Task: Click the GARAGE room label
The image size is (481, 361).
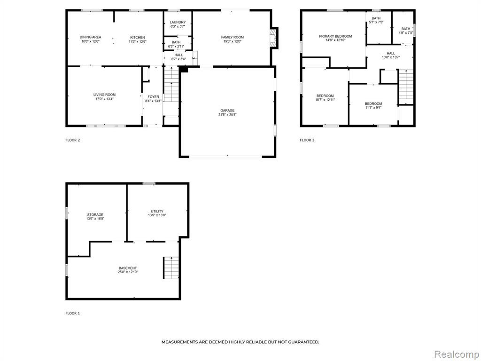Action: coord(227,110)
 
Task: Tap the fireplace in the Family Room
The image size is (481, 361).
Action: coord(273,37)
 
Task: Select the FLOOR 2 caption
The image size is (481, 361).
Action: coord(73,140)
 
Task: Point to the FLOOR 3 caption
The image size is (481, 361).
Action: coord(307,140)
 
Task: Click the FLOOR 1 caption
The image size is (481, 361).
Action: coord(73,314)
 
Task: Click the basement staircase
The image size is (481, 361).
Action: coord(171,267)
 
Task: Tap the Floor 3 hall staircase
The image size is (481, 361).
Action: coord(406,87)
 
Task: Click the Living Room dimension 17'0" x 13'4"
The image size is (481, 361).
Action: coord(105,99)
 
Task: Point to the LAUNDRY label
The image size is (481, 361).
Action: coord(178,23)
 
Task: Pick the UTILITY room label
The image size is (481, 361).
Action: coord(157,211)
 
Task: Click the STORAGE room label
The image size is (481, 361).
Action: coord(95,214)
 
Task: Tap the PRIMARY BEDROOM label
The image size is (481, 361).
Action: coord(335,36)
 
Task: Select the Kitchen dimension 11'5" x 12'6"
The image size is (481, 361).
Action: coord(138,41)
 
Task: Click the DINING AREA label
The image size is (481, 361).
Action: coord(91,37)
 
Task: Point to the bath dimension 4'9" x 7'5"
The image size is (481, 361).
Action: coord(406,33)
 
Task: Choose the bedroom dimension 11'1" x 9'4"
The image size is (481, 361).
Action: coord(373,108)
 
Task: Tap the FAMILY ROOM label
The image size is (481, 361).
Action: coord(233,37)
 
